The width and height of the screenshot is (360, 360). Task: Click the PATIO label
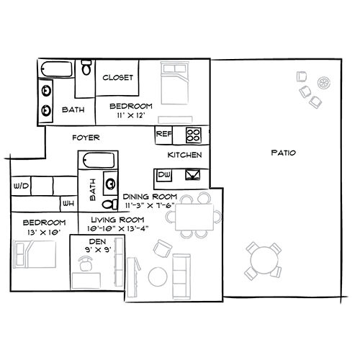283,153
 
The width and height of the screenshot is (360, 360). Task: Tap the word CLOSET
117,78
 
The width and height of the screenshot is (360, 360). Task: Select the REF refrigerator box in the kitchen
163,135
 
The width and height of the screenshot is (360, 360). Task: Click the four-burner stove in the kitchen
194,135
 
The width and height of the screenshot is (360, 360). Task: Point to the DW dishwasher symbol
164,175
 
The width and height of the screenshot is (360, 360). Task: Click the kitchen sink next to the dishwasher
193,175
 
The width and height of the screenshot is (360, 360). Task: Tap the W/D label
21,186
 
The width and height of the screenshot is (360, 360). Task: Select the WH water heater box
68,204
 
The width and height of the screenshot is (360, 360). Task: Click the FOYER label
86,138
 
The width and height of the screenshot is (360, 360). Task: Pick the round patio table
264,261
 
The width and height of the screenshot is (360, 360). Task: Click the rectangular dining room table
194,217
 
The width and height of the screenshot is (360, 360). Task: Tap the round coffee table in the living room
158,276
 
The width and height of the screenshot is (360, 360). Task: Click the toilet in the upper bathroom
86,67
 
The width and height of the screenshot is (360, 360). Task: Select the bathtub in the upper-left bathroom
56,69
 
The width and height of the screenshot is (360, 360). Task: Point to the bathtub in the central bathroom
98,161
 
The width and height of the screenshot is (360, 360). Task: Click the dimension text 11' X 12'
131,115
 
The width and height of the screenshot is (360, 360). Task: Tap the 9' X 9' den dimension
98,250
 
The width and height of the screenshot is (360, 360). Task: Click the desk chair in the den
85,264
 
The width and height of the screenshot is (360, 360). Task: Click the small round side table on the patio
324,83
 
